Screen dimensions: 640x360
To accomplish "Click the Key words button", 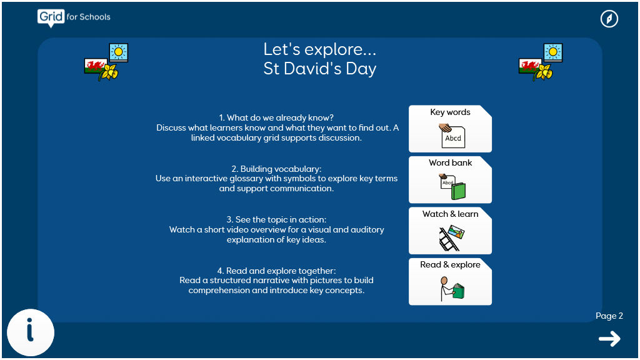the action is point(450,129).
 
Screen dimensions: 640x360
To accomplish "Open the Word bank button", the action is point(450,179).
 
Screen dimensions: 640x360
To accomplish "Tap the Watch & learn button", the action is point(450,231).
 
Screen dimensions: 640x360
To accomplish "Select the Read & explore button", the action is point(450,282).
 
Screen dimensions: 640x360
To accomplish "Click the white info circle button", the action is point(31,332).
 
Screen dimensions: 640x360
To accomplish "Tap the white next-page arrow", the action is point(609,339).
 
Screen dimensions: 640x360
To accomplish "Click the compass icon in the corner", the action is point(609,19).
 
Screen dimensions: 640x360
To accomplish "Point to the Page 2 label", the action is point(609,316).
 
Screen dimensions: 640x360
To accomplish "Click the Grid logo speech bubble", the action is point(51,18).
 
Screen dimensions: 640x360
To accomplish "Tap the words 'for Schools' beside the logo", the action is point(89,17).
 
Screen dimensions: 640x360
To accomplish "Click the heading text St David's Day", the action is point(319,69).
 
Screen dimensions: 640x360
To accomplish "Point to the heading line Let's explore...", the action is point(319,49).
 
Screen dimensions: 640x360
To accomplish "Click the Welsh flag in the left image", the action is point(94,66).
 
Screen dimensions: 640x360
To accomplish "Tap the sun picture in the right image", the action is point(553,52).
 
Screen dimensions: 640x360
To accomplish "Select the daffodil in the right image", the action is point(544,72).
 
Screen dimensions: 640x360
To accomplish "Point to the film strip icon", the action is point(448,240).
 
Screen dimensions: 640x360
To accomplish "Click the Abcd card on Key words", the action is point(453,138).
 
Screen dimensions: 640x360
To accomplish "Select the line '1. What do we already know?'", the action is point(276,118).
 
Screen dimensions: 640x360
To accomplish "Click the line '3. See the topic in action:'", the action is point(276,219).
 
